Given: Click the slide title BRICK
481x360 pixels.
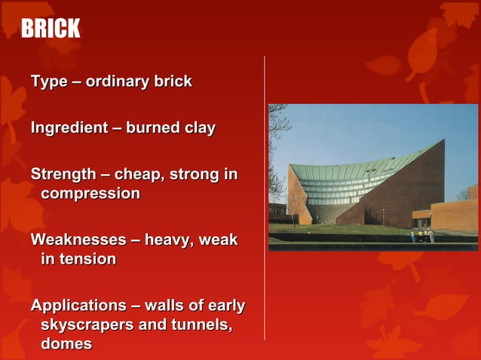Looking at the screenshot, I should pyautogui.click(x=50, y=29).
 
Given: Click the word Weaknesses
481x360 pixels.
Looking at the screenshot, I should pyautogui.click(x=78, y=240).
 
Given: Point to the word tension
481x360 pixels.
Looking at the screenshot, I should pyautogui.click(x=88, y=259).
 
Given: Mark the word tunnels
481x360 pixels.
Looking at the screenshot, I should pyautogui.click(x=198, y=325).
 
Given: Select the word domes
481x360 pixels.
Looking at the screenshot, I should pyautogui.click(x=66, y=343).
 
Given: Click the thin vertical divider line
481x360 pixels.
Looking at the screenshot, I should pyautogui.click(x=264, y=196).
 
